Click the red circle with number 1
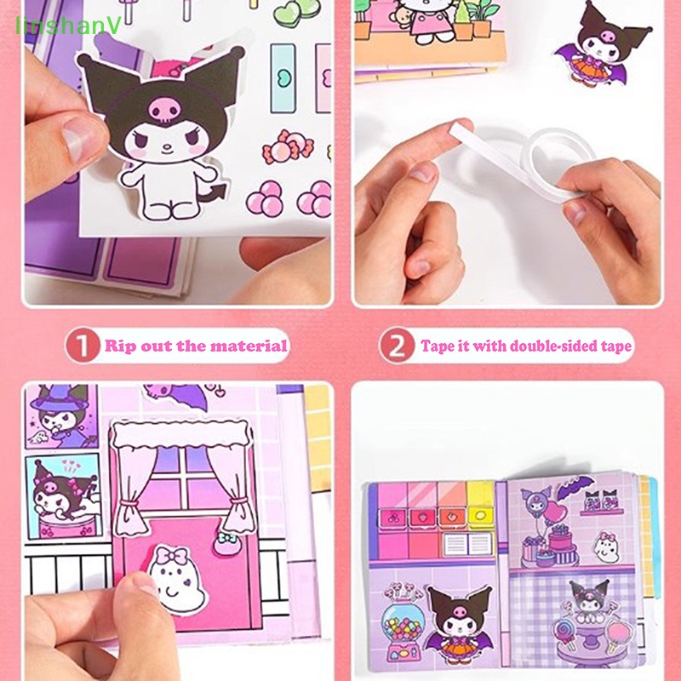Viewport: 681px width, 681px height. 83,346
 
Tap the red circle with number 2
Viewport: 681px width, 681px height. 397,346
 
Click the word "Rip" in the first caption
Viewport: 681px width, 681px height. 120,346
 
